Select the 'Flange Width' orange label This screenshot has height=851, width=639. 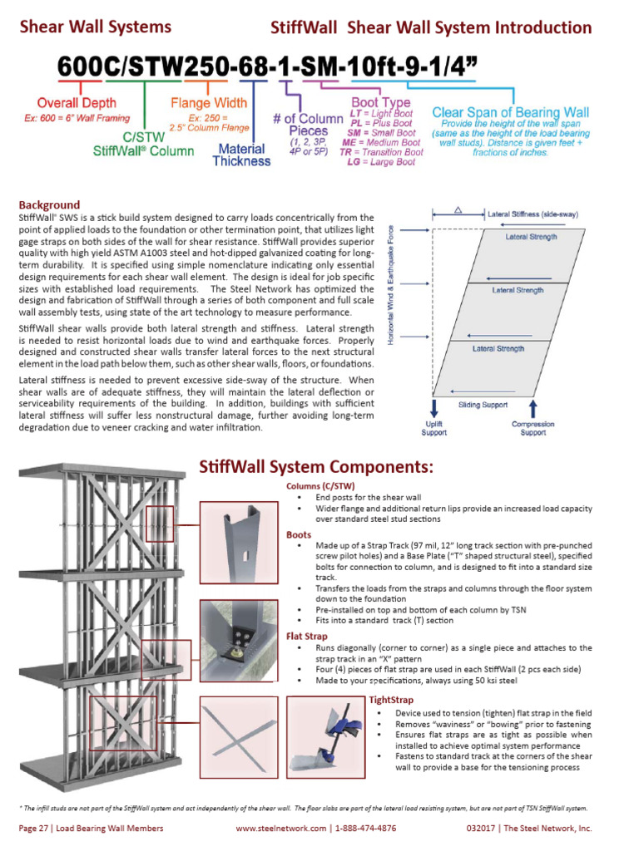pyautogui.click(x=209, y=104)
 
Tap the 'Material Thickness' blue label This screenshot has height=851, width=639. pyautogui.click(x=241, y=155)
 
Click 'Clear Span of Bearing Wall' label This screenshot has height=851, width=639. pyautogui.click(x=511, y=112)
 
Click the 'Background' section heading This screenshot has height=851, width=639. pyautogui.click(x=49, y=204)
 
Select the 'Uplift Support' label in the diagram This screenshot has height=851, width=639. pyautogui.click(x=433, y=428)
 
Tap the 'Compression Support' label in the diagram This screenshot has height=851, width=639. pyautogui.click(x=533, y=428)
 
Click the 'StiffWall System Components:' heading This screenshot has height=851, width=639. pyautogui.click(x=315, y=467)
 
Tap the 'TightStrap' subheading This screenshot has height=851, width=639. pyautogui.click(x=390, y=701)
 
